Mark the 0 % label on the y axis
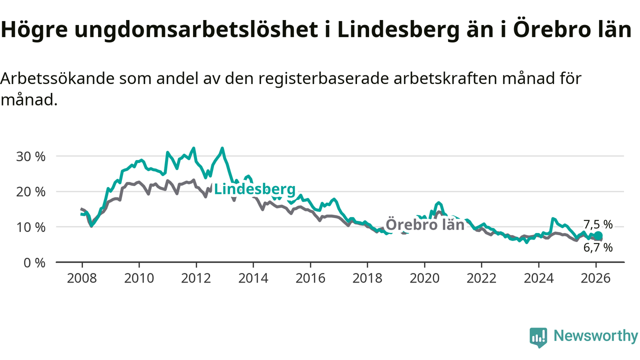tap(35, 262)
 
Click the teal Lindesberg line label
tap(254, 189)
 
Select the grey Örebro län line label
tap(425, 225)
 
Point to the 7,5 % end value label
tap(598, 224)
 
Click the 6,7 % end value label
tap(598, 247)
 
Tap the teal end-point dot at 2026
tap(598, 236)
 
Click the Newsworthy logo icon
tap(538, 337)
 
